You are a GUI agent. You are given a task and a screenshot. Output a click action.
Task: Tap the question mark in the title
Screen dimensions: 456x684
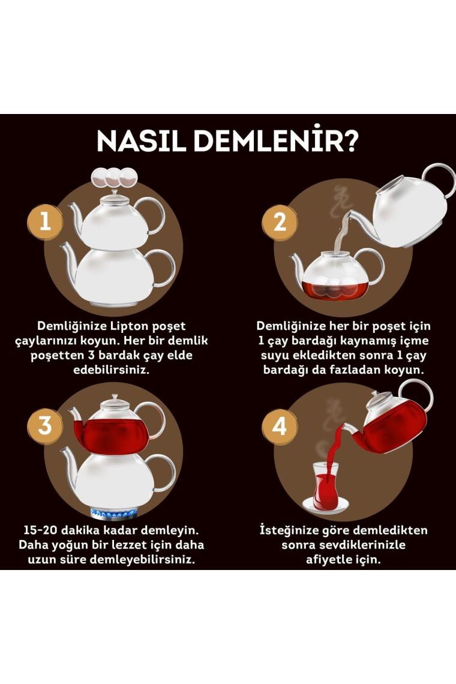point(349,140)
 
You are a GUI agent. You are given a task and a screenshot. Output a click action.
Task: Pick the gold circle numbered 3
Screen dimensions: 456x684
point(46,426)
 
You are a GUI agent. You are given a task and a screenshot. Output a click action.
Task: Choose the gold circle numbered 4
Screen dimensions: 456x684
point(279,426)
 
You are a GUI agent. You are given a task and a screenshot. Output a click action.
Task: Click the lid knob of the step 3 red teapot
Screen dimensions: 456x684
point(115,398)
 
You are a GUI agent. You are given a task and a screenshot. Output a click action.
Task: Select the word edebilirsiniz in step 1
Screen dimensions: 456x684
point(112,370)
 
